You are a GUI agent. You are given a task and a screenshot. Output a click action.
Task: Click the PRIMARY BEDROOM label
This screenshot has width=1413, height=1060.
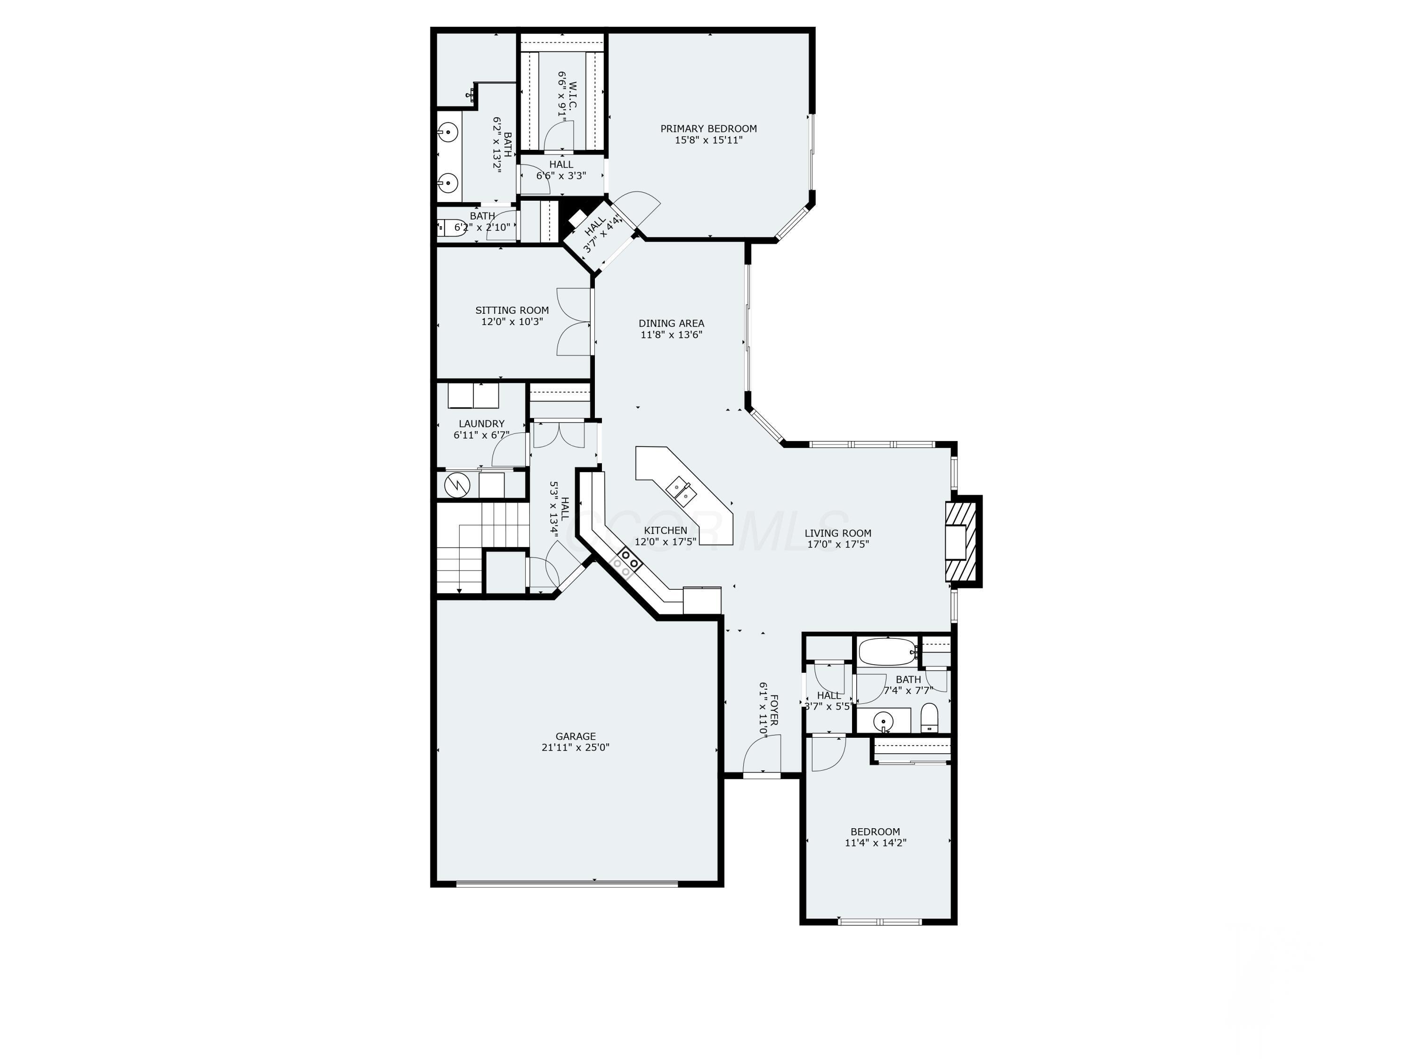[708, 129]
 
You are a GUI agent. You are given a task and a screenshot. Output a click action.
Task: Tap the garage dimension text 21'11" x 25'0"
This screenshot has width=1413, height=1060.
[575, 748]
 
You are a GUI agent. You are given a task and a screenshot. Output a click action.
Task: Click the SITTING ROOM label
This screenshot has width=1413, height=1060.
[512, 310]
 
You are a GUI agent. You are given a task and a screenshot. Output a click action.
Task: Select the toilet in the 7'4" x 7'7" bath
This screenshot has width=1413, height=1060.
[929, 718]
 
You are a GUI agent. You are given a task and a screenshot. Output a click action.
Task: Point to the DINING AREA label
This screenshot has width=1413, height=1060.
[671, 323]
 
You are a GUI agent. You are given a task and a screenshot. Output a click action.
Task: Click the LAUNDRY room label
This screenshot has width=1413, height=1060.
[481, 424]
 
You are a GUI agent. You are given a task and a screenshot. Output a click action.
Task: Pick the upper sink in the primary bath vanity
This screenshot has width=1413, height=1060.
[448, 133]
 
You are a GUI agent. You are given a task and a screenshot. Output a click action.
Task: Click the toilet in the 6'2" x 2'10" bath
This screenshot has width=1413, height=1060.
[450, 228]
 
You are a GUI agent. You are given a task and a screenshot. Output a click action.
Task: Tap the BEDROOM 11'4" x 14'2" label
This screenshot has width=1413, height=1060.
[875, 831]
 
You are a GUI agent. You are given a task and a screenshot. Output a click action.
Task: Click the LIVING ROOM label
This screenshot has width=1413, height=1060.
[837, 533]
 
